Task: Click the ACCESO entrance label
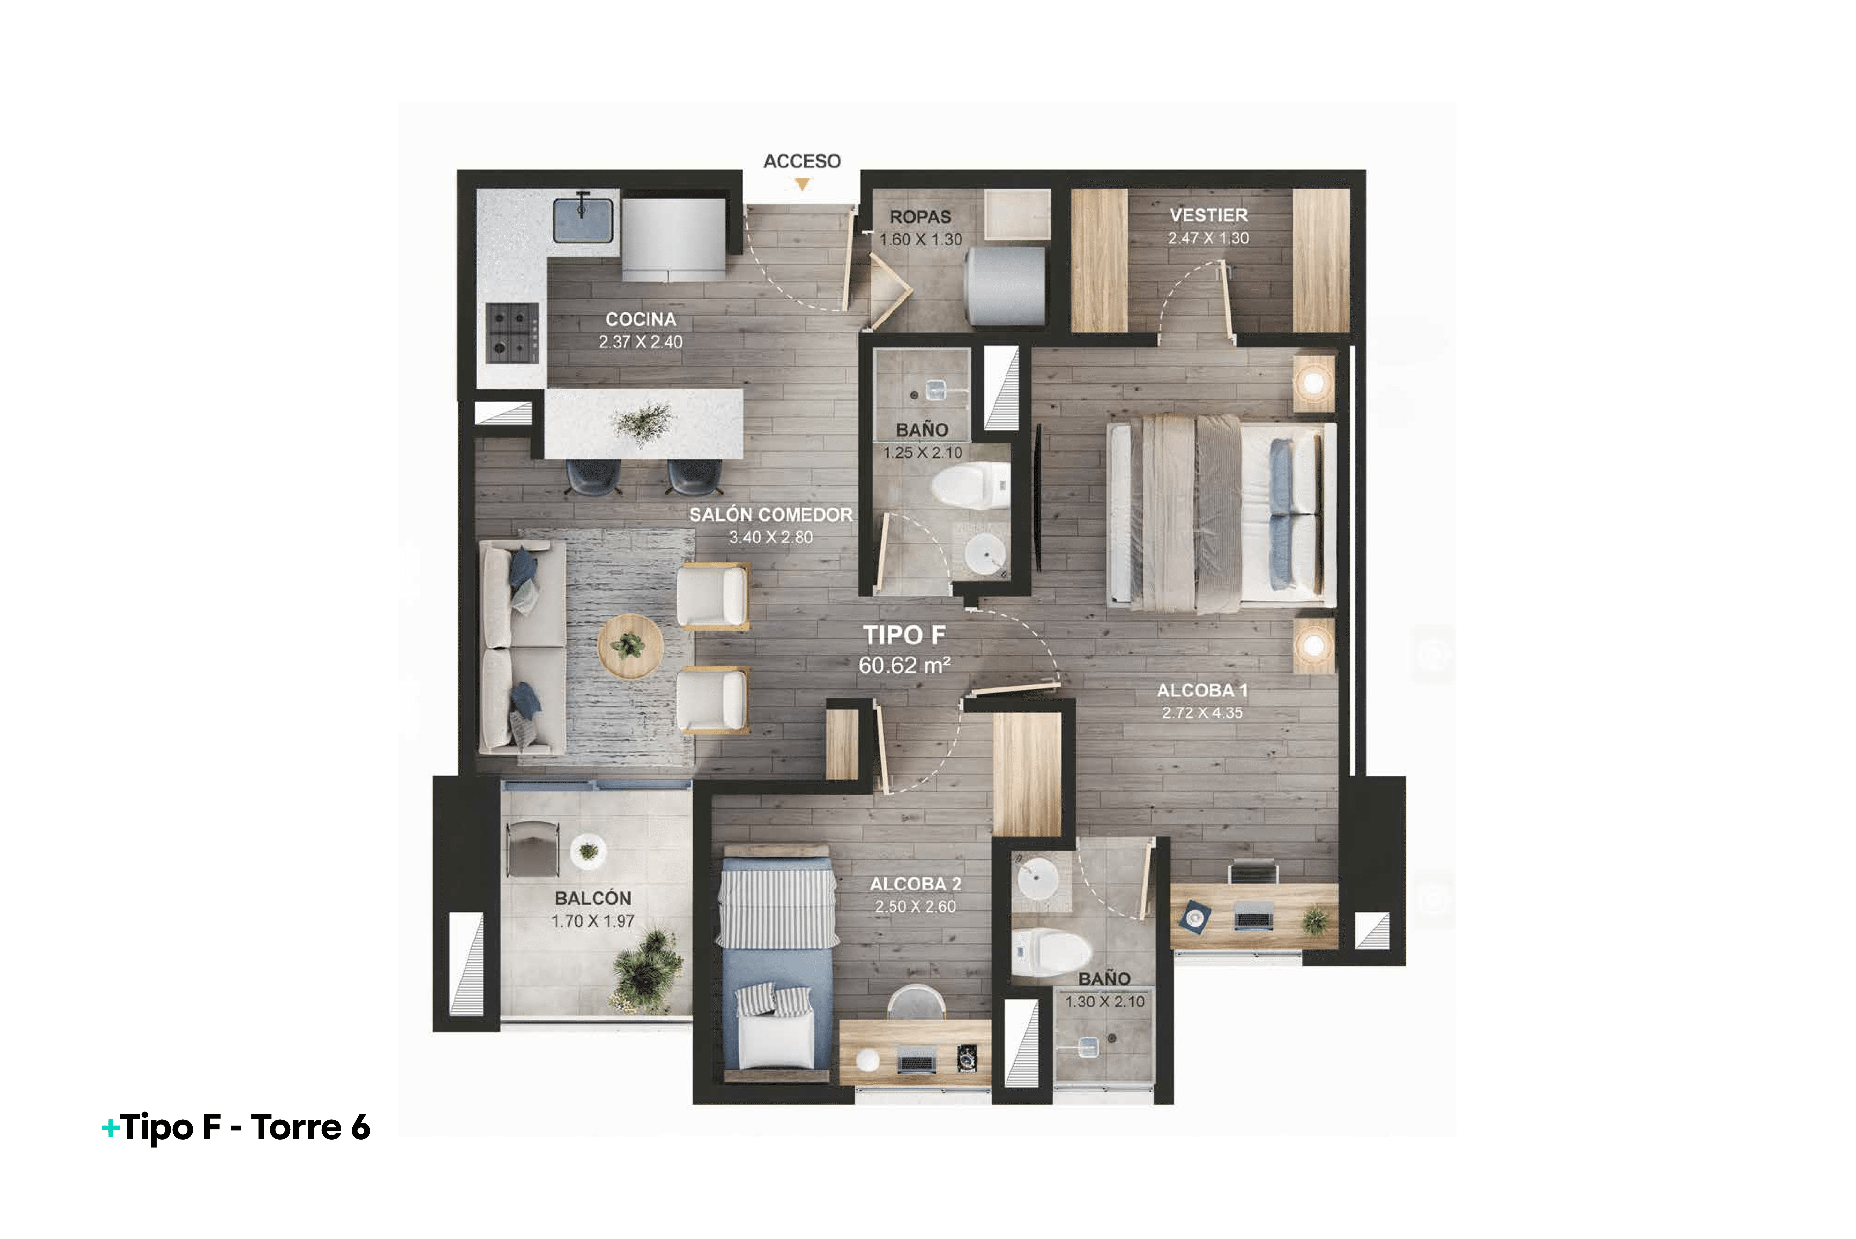(802, 161)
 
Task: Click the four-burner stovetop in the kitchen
(512, 333)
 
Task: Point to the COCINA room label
(641, 319)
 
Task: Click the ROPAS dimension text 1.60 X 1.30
(921, 239)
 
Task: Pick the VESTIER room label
(1208, 215)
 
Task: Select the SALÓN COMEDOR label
(771, 515)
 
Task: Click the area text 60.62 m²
(904, 665)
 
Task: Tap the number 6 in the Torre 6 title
(360, 1127)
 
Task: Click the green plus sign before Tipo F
(111, 1127)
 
